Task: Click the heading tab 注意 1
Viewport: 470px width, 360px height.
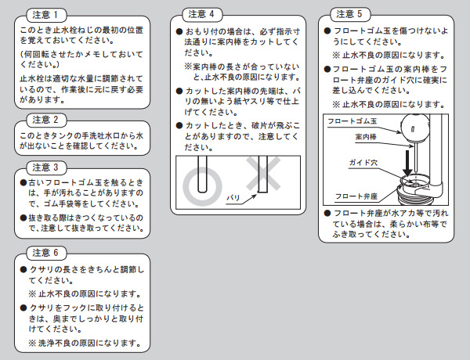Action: (x=46, y=15)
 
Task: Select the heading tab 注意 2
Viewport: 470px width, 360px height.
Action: (x=46, y=120)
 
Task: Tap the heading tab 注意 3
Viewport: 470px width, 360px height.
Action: (x=46, y=167)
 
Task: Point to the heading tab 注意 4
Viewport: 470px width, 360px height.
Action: (x=202, y=14)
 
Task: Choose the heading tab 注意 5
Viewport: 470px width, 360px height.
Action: (x=350, y=14)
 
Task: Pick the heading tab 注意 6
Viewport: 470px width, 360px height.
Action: (x=46, y=253)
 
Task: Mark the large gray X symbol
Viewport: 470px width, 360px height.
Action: (x=263, y=174)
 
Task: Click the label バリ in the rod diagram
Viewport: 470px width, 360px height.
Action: (x=233, y=198)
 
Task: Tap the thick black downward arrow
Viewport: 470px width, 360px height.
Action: (x=407, y=163)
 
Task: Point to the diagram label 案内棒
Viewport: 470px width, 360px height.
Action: (x=366, y=137)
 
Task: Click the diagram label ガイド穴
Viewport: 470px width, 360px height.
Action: (x=363, y=163)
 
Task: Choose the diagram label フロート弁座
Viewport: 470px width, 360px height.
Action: (x=356, y=196)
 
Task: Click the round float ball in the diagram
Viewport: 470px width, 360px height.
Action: (x=415, y=128)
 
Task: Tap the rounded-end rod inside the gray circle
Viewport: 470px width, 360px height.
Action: (x=202, y=175)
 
